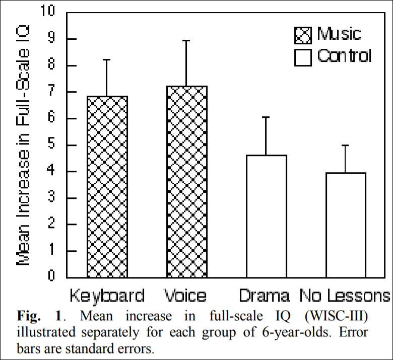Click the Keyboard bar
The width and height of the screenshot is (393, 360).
(x=107, y=186)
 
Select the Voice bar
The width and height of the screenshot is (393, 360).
(x=186, y=181)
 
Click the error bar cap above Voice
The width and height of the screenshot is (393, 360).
(x=186, y=40)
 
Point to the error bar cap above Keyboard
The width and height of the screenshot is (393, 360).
(x=107, y=59)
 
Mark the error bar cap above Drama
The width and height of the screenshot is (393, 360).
(x=266, y=117)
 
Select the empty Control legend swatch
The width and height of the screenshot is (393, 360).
(x=303, y=57)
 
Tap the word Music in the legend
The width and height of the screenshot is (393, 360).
(x=339, y=34)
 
